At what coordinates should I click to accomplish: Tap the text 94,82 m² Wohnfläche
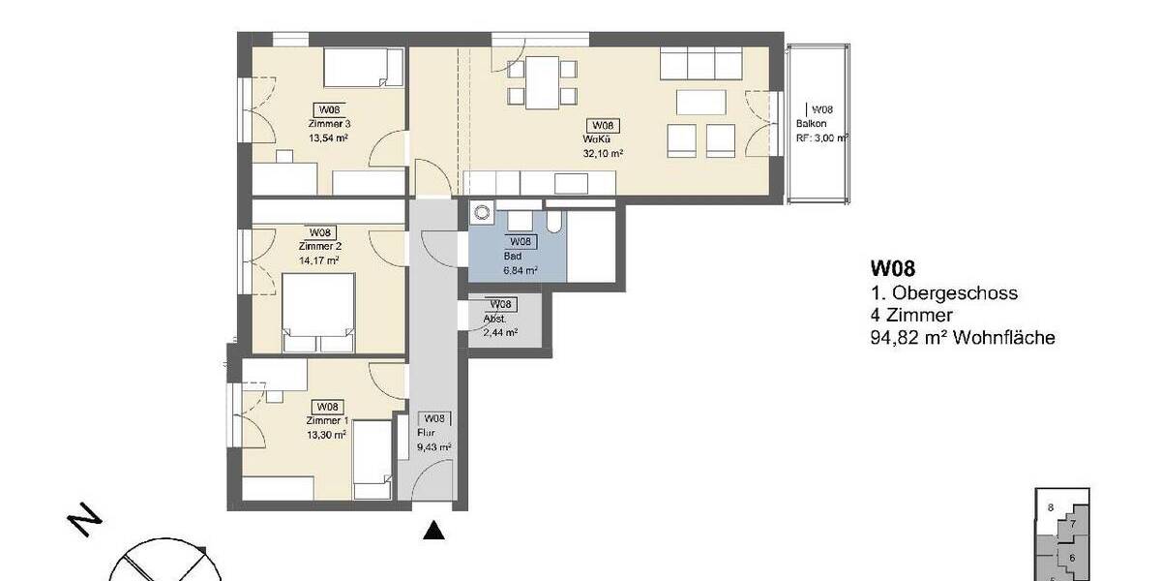tap(962, 338)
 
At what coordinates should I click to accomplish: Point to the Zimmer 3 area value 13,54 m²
tap(328, 138)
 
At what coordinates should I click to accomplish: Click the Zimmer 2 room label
tap(320, 247)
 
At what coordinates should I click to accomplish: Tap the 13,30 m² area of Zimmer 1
tap(326, 435)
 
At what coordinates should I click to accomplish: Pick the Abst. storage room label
tap(494, 318)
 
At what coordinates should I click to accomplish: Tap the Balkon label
tap(811, 124)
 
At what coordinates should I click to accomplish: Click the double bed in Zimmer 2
tap(318, 312)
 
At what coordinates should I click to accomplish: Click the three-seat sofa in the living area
tap(702, 65)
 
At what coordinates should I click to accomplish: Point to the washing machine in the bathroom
tap(482, 213)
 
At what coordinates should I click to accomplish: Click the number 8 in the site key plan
tap(1050, 506)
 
